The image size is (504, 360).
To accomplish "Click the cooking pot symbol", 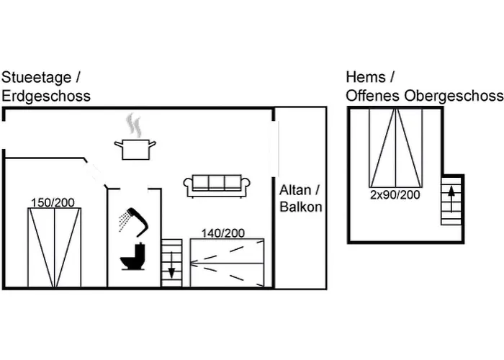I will click(135, 149).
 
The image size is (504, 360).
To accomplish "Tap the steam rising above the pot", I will click(133, 125).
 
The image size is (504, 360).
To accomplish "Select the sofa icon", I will click(217, 185).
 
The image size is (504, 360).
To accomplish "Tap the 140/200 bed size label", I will click(222, 233).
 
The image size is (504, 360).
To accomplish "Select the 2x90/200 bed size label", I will click(395, 194).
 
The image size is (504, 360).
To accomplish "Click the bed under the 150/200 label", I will click(55, 247).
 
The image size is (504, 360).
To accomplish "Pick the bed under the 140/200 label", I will click(227, 262).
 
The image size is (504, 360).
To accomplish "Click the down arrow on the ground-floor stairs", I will click(171, 270).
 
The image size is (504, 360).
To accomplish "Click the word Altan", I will click(296, 191).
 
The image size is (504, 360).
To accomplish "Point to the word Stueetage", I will click(37, 78).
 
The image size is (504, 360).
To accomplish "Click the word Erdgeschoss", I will click(46, 96).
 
